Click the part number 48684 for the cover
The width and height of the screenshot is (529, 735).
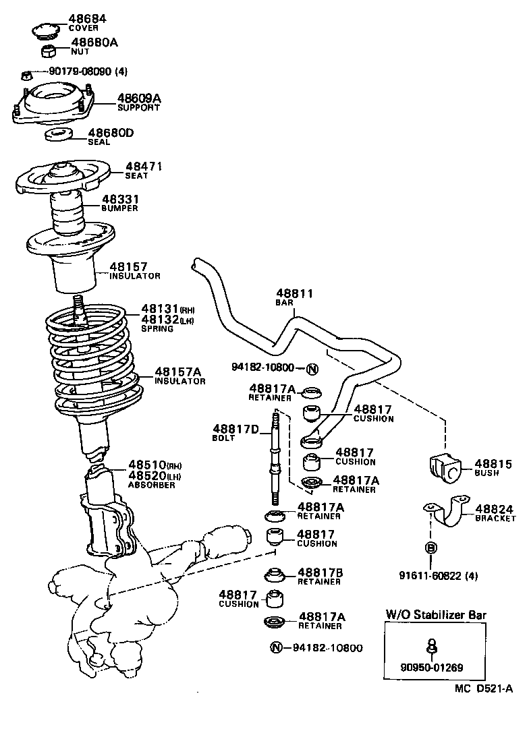pos(88,18)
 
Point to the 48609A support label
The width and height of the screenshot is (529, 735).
pos(139,98)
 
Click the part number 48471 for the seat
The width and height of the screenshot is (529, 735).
pos(144,166)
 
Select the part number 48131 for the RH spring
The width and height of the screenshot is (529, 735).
pos(159,310)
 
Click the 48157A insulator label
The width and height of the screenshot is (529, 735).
pos(179,372)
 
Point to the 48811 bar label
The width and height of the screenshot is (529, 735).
pos(294,293)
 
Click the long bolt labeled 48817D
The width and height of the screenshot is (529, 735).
pos(275,459)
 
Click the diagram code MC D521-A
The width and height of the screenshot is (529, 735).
pos(483,688)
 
